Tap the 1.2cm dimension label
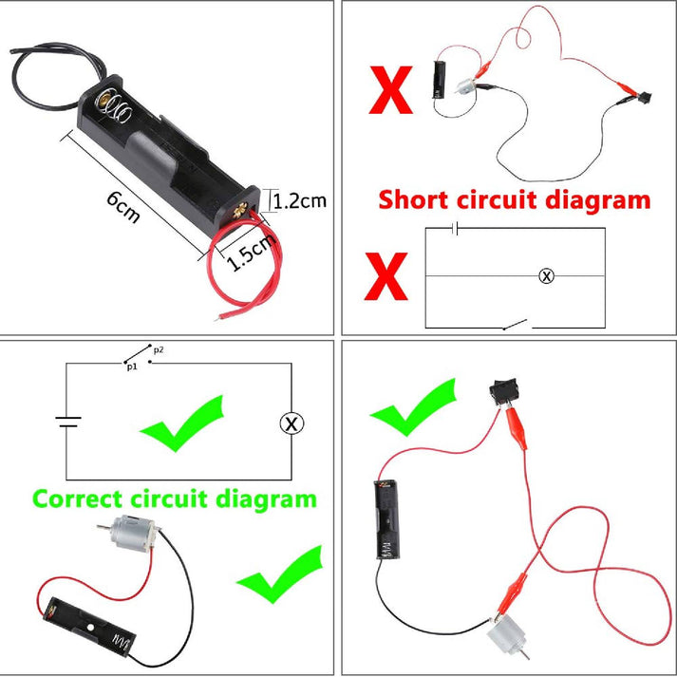(x=300, y=200)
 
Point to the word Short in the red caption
(x=415, y=200)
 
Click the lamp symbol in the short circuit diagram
(x=546, y=276)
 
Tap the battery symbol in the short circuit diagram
(x=457, y=229)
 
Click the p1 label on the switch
(x=132, y=365)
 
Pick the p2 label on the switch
(x=158, y=349)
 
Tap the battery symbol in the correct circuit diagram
(x=66, y=423)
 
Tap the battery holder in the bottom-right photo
(x=386, y=521)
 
